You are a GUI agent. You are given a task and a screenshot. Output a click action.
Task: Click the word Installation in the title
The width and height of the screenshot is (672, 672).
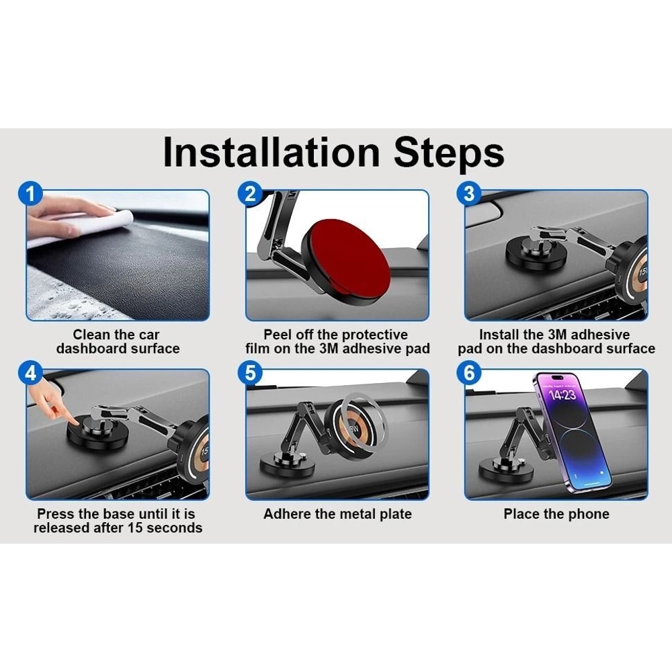click(271, 152)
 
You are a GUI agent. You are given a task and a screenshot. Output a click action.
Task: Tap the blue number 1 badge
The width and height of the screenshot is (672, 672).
click(30, 194)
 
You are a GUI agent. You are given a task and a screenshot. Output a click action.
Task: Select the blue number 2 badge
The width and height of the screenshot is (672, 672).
click(250, 194)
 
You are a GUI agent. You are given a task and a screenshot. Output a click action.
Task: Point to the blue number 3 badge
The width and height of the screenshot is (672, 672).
click(469, 194)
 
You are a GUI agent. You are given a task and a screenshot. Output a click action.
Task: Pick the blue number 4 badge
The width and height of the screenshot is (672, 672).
click(30, 373)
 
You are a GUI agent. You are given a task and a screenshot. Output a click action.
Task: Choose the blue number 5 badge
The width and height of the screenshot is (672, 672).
click(250, 373)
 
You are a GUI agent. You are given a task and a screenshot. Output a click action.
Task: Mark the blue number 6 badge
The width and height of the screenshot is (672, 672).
click(469, 373)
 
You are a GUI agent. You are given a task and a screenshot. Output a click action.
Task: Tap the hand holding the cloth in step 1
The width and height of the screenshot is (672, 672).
click(69, 214)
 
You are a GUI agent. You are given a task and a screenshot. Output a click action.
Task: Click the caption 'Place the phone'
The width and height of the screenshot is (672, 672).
click(556, 514)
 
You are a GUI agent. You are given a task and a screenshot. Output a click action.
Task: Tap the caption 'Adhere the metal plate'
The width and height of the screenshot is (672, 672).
click(337, 514)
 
